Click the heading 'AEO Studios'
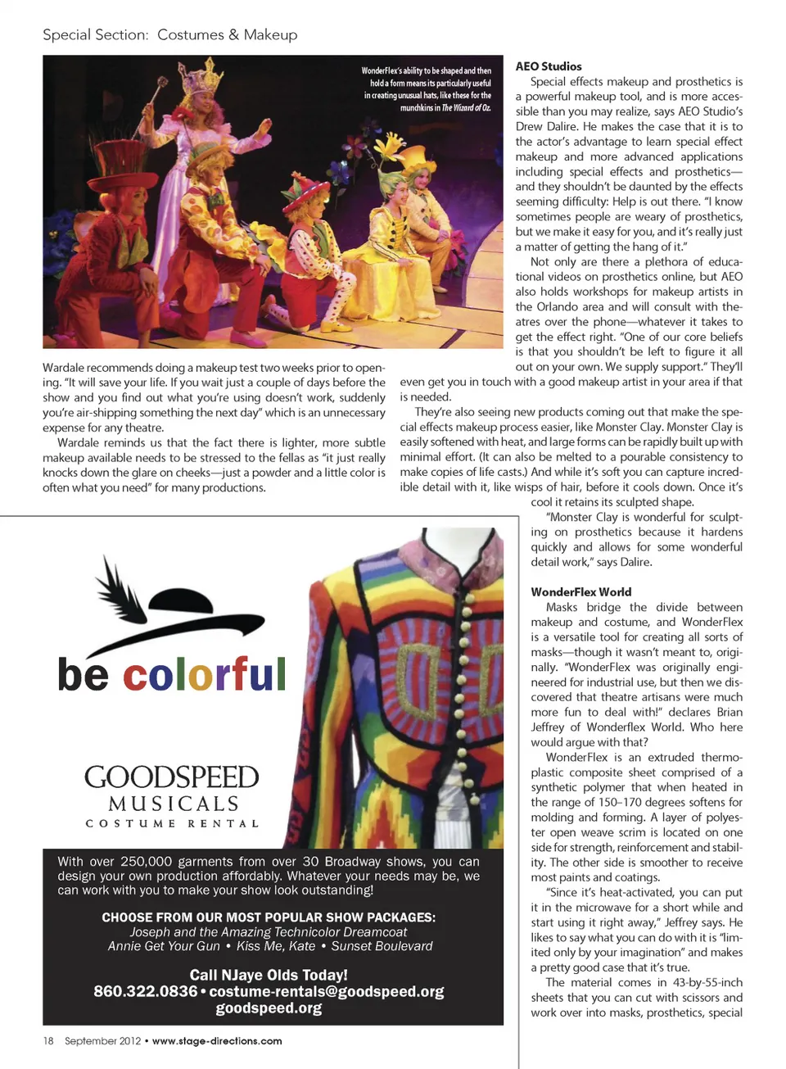(x=548, y=66)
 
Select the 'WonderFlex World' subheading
(x=580, y=591)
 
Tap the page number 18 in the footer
(x=48, y=1041)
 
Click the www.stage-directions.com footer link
(x=217, y=1041)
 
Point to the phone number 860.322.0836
(x=145, y=991)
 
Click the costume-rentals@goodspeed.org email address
(x=327, y=991)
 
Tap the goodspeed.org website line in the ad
(x=269, y=1008)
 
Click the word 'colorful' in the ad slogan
(x=204, y=674)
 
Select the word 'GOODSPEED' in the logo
(x=171, y=777)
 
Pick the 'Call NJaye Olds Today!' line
(x=269, y=975)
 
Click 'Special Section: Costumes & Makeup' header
(x=170, y=34)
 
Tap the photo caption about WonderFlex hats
(x=427, y=88)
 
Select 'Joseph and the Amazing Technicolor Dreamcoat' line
(x=269, y=931)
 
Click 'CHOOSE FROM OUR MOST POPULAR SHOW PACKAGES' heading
(x=269, y=917)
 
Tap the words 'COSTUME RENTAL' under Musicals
(x=172, y=823)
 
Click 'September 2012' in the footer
(x=102, y=1041)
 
